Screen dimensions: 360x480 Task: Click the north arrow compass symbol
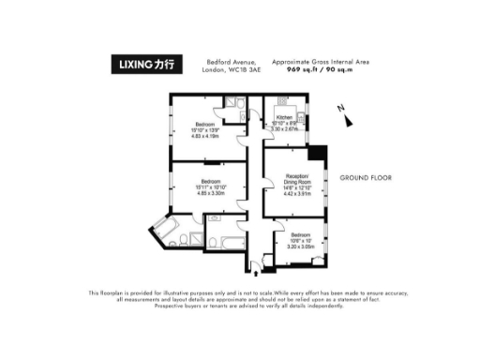(x=348, y=117)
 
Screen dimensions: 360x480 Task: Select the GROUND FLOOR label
(x=365, y=177)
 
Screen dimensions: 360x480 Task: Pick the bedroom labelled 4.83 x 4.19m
(x=206, y=129)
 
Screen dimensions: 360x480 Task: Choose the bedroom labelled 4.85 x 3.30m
(x=211, y=187)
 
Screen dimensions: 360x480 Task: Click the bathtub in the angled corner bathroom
(x=174, y=232)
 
